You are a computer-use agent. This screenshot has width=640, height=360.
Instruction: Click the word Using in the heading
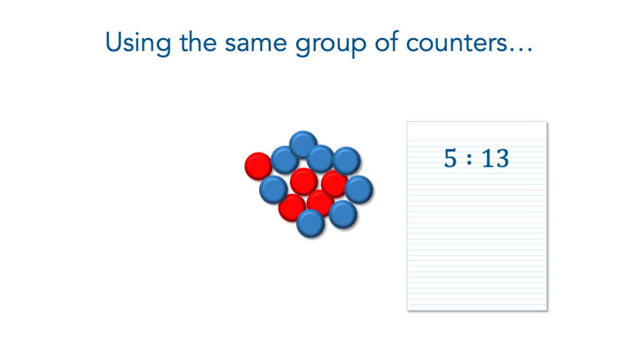click(x=138, y=43)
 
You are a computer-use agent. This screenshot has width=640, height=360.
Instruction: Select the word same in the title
click(x=255, y=44)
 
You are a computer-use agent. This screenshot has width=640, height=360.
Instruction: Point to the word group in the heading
click(x=330, y=46)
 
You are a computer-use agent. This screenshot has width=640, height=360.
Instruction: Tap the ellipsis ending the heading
click(x=521, y=50)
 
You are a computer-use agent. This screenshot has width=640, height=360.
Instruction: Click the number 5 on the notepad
click(x=450, y=157)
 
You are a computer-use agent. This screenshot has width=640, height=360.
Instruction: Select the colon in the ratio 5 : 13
click(x=469, y=159)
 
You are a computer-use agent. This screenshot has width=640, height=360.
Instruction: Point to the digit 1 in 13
click(x=488, y=158)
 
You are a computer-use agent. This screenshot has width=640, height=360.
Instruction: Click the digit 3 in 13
click(x=502, y=158)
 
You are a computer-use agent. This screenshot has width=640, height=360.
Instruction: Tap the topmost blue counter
click(x=303, y=145)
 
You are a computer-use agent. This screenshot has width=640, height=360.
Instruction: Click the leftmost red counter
click(x=259, y=166)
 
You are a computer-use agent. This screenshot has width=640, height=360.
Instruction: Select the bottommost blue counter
click(x=311, y=223)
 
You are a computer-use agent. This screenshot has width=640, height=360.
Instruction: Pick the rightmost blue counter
click(x=359, y=190)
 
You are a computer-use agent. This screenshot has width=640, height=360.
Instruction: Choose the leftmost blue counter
click(x=273, y=190)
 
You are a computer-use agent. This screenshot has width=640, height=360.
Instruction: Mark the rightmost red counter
click(x=334, y=184)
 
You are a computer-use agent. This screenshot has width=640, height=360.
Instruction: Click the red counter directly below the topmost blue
click(x=304, y=182)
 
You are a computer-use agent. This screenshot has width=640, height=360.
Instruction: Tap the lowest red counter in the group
click(x=291, y=208)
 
